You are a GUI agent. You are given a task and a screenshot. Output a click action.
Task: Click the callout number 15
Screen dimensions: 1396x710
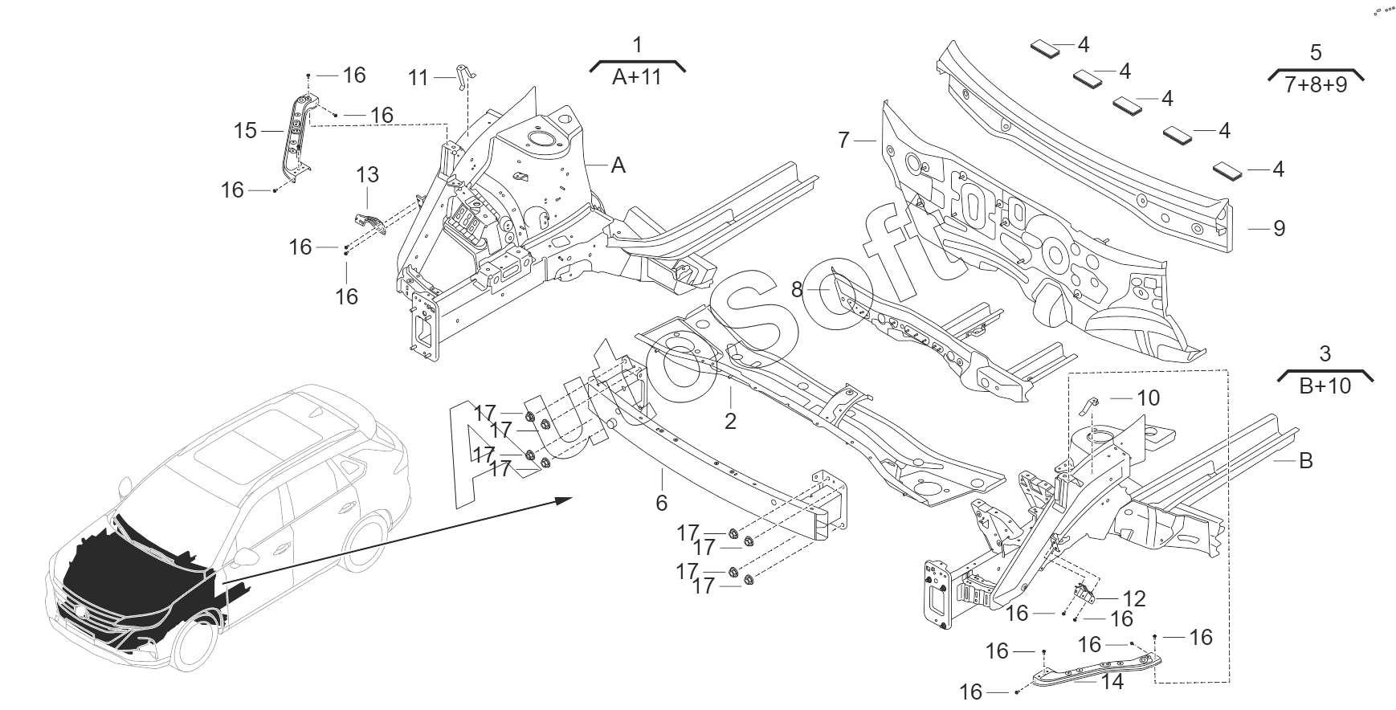tap(245, 129)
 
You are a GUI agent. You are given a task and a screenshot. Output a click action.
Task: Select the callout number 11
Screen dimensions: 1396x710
tap(418, 78)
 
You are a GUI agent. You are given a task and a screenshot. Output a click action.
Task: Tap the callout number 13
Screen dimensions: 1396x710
tap(367, 174)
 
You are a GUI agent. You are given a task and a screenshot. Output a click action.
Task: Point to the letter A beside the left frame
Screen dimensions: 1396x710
tap(618, 165)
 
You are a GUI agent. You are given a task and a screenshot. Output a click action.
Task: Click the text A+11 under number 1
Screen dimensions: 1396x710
tap(637, 77)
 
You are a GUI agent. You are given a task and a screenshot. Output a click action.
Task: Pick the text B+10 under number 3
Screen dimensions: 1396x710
tap(1325, 386)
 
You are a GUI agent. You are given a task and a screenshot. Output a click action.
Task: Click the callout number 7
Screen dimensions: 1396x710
tap(843, 141)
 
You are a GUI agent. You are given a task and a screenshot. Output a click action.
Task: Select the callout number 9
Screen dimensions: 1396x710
tap(1280, 229)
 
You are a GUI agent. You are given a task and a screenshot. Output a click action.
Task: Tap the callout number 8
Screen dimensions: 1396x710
tap(797, 289)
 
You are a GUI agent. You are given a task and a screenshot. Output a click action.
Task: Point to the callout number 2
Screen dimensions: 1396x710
tap(730, 421)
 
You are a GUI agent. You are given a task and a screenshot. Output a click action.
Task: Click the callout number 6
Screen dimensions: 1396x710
tap(662, 503)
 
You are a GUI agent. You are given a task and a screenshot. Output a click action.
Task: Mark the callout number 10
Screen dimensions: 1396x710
tap(1149, 398)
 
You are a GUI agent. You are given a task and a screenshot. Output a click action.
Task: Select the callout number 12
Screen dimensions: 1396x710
tap(1134, 599)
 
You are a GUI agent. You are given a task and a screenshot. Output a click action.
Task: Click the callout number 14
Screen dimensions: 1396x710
tap(1113, 682)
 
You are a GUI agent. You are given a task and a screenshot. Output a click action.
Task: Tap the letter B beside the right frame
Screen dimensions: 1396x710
tap(1306, 461)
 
